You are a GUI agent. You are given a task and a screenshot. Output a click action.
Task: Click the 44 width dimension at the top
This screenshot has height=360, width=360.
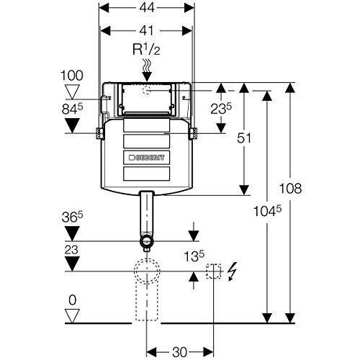click(x=146, y=8)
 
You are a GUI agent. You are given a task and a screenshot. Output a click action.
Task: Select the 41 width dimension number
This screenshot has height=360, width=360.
click(x=146, y=31)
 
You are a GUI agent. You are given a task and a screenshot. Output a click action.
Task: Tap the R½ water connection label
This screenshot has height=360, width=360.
click(x=146, y=50)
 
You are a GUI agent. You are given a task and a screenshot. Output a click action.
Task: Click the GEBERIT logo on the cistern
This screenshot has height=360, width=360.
click(x=147, y=158)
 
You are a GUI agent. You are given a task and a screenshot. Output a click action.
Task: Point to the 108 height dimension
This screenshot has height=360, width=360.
click(x=291, y=188)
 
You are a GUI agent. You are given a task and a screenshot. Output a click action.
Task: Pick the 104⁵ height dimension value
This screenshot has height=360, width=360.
click(x=267, y=211)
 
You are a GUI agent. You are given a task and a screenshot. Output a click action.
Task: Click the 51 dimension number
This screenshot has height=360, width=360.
click(x=244, y=138)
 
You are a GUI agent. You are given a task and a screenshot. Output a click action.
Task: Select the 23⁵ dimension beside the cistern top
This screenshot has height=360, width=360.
click(x=221, y=109)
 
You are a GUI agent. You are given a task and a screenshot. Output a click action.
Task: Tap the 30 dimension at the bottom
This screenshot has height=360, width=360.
click(x=179, y=352)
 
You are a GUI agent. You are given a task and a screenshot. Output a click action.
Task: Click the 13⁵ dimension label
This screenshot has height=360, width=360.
click(x=194, y=256)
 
